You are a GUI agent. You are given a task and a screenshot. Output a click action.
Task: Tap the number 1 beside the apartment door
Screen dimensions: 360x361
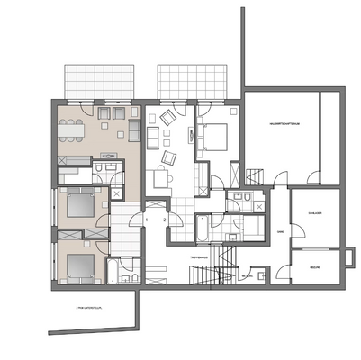(146, 219)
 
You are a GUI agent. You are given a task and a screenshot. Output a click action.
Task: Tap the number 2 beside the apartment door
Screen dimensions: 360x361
(164, 219)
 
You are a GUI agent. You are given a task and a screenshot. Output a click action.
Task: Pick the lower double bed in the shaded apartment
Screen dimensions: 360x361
(78, 265)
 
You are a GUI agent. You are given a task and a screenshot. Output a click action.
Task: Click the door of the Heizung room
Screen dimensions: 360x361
(288, 270)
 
